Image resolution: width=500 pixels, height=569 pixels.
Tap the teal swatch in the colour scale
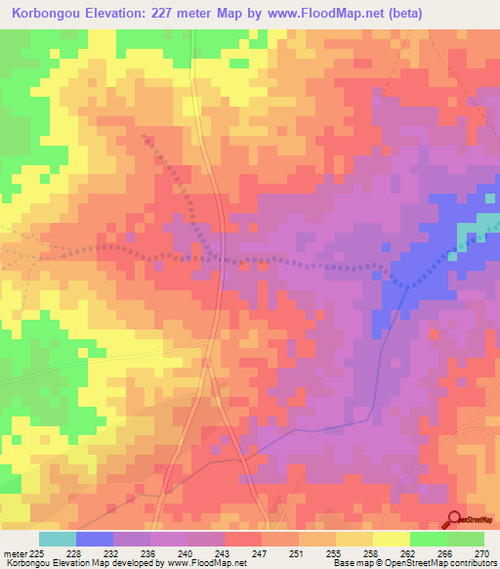click(x=58, y=539)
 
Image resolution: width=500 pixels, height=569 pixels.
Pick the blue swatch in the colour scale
click(x=95, y=539)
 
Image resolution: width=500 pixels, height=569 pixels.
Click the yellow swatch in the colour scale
click(x=392, y=539)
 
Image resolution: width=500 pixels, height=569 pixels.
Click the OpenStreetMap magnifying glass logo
click(x=455, y=519)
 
